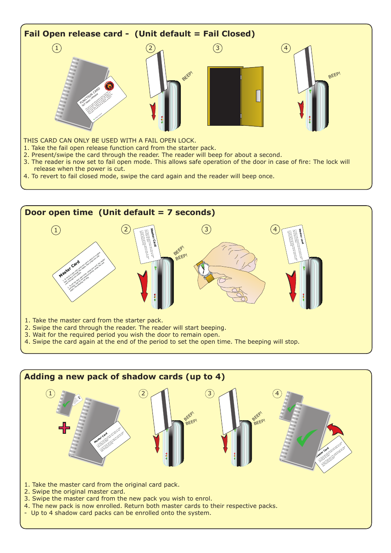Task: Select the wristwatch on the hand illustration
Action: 204,269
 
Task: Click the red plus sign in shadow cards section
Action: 64,428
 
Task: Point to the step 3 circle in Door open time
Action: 207,229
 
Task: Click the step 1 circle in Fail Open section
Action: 57,48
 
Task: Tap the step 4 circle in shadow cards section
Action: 277,394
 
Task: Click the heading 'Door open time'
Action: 59,213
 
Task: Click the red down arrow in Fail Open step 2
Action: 153,111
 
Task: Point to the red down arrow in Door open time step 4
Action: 292,286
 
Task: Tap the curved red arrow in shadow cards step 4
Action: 336,430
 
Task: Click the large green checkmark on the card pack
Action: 306,438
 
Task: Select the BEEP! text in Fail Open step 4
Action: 334,75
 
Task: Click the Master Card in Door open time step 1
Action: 84,272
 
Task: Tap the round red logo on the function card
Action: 109,86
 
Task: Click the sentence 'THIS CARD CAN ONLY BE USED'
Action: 110,141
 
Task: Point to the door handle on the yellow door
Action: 258,96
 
